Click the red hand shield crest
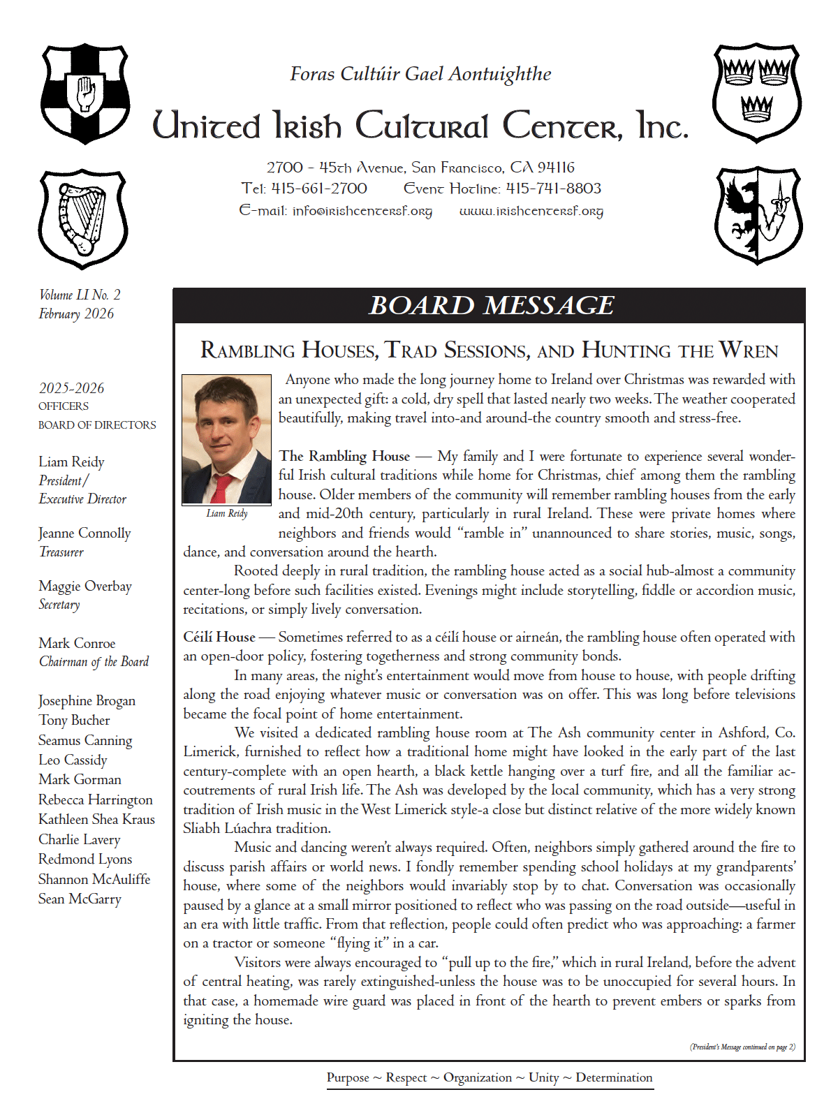point(85,94)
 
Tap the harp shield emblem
point(83,219)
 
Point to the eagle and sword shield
point(758,214)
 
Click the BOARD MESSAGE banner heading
point(491,306)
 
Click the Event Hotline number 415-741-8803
point(553,189)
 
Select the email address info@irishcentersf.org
point(362,211)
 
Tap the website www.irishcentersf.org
point(531,211)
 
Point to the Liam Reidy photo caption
point(227,513)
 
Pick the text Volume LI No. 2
point(80,295)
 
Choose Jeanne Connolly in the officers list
point(84,533)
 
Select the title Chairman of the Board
point(94,662)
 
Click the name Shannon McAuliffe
point(94,879)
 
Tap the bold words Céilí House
point(219,637)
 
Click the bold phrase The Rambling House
point(344,456)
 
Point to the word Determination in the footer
point(614,1077)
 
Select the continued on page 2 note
point(742,1047)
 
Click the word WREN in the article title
point(749,351)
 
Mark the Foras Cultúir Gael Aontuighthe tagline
point(420,74)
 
